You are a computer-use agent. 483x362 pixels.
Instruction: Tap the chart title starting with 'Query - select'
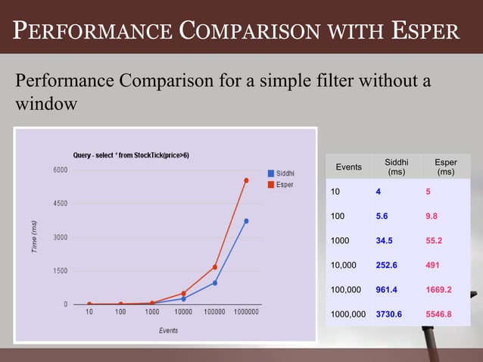click(131, 154)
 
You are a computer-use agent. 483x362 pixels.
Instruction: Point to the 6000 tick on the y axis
click(59, 170)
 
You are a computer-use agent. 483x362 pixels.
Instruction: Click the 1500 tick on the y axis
click(59, 270)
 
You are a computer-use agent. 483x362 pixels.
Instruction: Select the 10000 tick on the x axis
click(183, 312)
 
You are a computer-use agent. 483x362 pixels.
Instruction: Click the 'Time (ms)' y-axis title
click(34, 237)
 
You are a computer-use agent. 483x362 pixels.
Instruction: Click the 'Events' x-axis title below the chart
click(168, 330)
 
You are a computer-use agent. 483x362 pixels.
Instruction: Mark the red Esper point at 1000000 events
click(246, 180)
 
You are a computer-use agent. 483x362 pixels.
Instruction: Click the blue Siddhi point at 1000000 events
click(246, 221)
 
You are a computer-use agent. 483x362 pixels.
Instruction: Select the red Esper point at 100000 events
click(215, 267)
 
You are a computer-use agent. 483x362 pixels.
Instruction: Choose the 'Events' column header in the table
click(348, 167)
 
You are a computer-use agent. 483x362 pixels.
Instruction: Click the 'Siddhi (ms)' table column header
click(396, 167)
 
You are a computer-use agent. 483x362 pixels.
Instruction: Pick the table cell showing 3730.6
click(394, 314)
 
